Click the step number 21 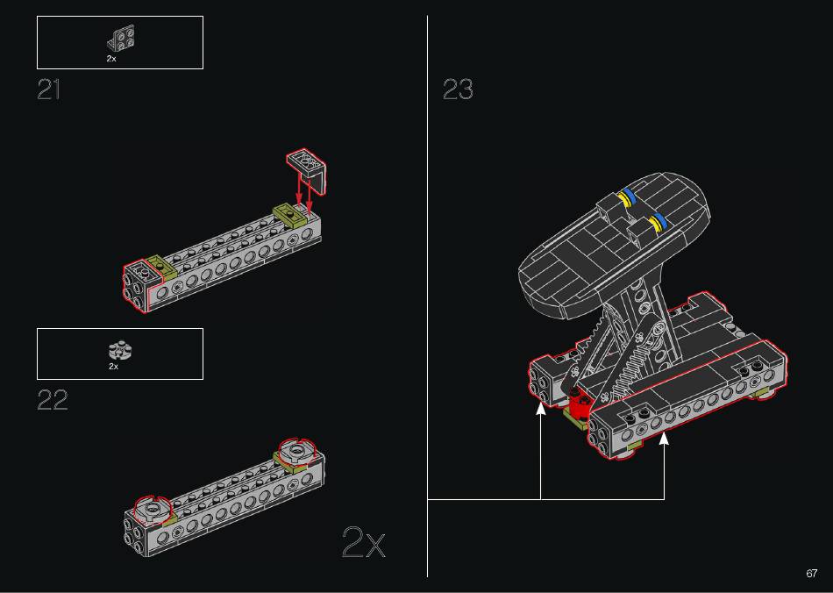[48, 89]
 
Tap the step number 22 [53, 400]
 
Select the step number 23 [458, 89]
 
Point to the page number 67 [811, 574]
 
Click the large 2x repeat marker [363, 542]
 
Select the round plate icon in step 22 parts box [121, 351]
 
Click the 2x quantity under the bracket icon [111, 59]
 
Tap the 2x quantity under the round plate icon [114, 366]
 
